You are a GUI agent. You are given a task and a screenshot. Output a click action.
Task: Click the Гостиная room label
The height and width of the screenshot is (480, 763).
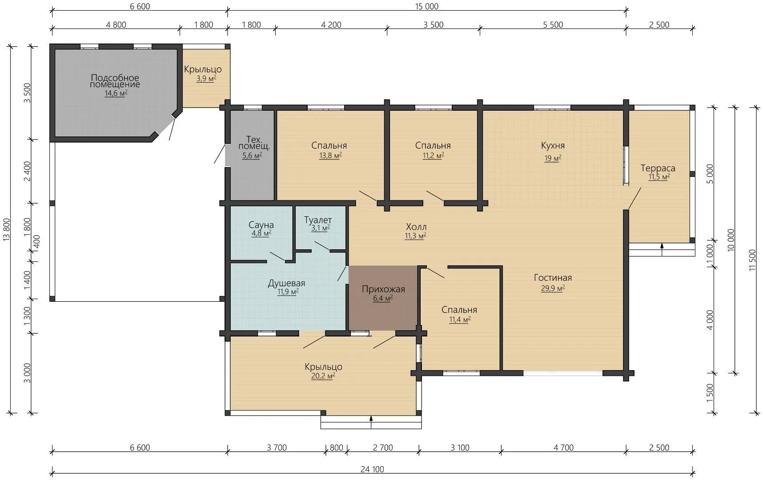(x=553, y=278)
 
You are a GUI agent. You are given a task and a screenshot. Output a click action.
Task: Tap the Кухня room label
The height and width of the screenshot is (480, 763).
(x=553, y=145)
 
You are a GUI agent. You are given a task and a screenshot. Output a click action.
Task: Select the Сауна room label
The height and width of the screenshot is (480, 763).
(x=261, y=225)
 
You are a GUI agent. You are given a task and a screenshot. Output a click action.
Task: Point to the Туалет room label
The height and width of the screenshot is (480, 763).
(x=318, y=220)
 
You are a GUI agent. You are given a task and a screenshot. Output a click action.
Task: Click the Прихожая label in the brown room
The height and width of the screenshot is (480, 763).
(x=383, y=289)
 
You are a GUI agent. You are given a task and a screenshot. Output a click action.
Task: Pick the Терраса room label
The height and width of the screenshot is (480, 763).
(x=658, y=168)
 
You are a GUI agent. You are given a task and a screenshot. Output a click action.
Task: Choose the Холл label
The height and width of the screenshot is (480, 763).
(x=416, y=227)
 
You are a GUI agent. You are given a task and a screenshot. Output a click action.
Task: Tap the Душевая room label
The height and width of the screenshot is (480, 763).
(x=286, y=283)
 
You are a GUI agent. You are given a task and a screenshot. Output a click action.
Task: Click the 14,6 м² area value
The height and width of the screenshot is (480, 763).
(x=116, y=93)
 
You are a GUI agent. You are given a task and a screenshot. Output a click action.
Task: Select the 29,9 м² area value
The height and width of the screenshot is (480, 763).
(x=553, y=288)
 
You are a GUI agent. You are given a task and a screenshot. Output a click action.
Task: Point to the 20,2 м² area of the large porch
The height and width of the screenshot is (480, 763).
(x=323, y=376)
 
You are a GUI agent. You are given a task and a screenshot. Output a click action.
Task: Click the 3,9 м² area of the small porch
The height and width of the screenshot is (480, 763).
(x=206, y=79)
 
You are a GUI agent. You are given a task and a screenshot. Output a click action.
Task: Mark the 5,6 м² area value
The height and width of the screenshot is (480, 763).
(x=252, y=156)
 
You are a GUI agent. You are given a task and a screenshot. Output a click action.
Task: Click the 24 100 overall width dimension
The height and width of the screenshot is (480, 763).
(x=373, y=469)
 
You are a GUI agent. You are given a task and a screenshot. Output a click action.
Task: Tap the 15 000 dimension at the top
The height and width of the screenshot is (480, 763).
(x=427, y=6)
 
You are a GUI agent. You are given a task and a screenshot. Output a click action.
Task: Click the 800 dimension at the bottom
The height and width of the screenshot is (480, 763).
(x=337, y=448)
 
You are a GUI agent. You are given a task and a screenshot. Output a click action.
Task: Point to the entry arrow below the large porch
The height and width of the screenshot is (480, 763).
(x=371, y=422)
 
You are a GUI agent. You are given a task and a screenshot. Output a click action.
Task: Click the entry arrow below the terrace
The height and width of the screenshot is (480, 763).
(x=662, y=249)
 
